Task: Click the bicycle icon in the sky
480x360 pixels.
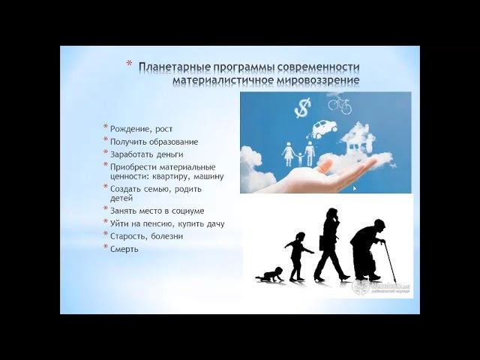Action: point(340,104)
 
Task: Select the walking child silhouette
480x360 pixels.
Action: point(298,256)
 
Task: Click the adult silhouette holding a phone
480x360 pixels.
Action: point(329,244)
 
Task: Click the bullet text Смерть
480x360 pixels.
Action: point(124,248)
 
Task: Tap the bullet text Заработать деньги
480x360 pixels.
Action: point(146,154)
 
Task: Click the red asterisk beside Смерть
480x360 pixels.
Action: point(106,247)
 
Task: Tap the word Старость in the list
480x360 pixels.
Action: point(129,236)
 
